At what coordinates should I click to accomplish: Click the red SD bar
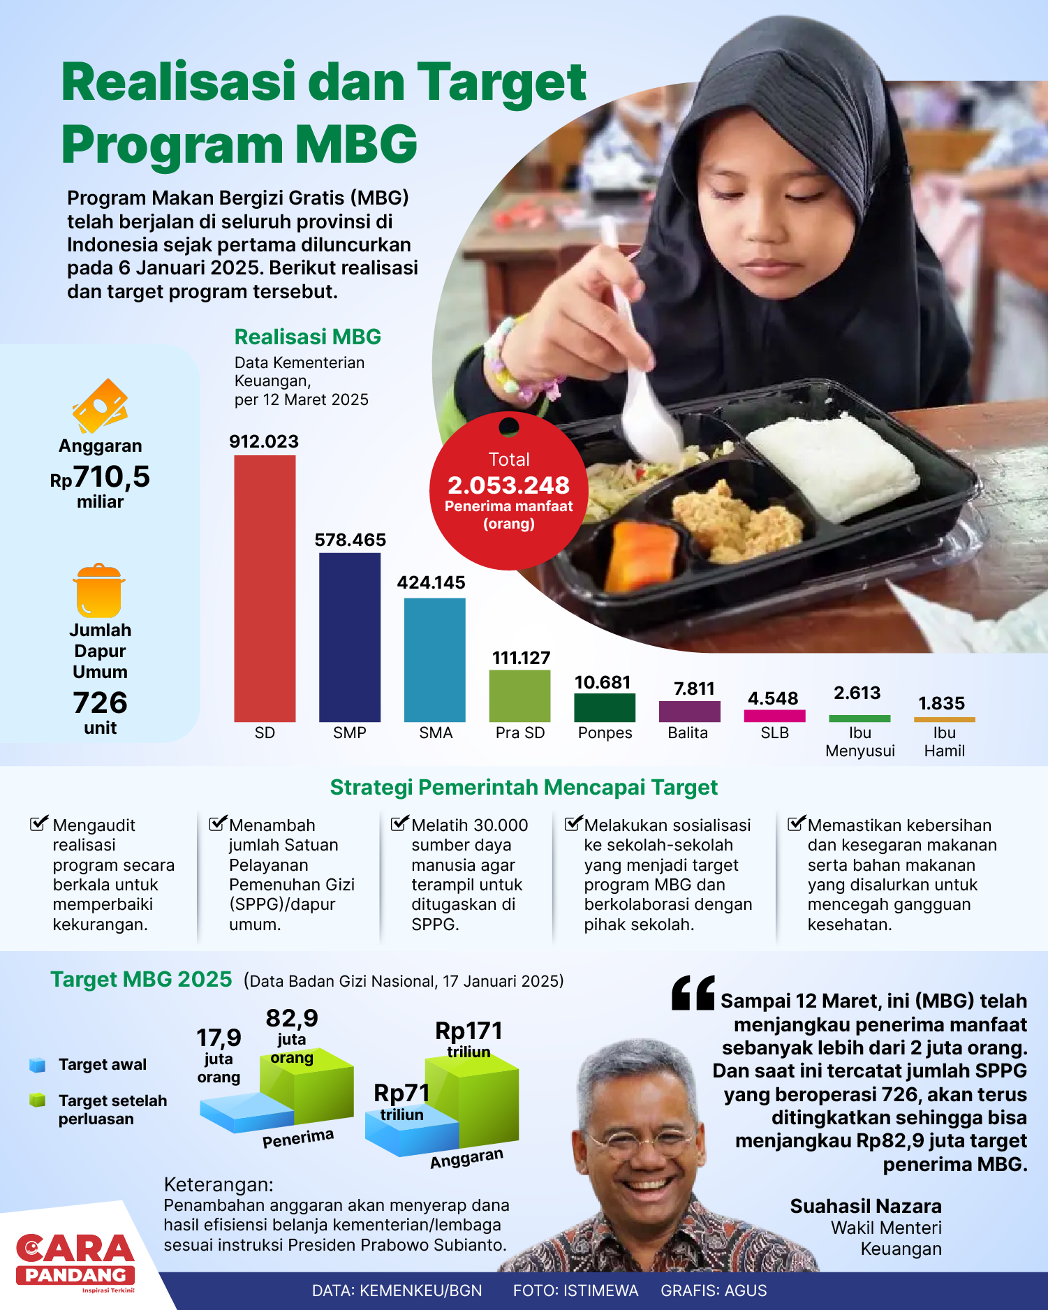[265, 588]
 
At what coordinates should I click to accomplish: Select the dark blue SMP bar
[350, 637]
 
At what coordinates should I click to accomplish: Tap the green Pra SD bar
[519, 696]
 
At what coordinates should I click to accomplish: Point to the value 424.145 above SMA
[431, 582]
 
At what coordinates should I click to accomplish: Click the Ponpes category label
[605, 733]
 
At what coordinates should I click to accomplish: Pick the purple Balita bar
[689, 711]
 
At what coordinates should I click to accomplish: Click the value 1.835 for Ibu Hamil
[941, 703]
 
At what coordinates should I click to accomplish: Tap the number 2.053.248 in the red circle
[508, 485]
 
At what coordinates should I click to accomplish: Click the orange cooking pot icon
[99, 591]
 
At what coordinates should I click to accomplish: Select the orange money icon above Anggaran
[100, 406]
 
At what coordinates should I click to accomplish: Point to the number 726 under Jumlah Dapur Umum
[100, 702]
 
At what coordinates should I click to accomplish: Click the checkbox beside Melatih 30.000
[399, 823]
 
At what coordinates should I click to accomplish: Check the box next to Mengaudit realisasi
[39, 823]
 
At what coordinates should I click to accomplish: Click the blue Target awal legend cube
[37, 1065]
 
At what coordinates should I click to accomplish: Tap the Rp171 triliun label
[468, 1038]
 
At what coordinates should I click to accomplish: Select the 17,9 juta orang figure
[219, 1055]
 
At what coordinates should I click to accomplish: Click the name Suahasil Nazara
[866, 1206]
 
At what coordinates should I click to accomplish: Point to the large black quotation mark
[693, 992]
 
